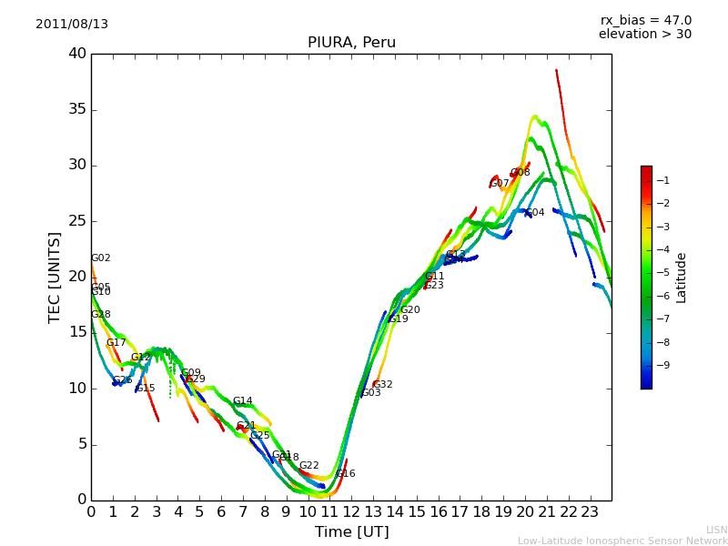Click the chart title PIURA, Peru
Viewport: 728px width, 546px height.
[351, 43]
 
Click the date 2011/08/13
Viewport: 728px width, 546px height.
[72, 25]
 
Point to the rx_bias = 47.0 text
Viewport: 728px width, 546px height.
[645, 21]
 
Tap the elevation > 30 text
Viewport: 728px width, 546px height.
[644, 35]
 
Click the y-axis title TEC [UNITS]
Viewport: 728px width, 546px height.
[56, 277]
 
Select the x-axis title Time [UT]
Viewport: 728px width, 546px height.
[351, 532]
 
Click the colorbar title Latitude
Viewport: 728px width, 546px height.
[681, 278]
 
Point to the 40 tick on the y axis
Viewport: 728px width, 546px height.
[76, 54]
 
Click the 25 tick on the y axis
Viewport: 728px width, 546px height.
[76, 221]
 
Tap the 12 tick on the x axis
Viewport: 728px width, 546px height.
[351, 511]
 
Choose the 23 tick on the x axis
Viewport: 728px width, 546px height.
[590, 511]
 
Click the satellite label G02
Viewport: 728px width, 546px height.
[100, 258]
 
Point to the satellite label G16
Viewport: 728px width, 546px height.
[346, 474]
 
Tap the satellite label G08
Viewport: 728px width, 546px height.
[520, 173]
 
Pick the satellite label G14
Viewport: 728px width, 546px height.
[242, 401]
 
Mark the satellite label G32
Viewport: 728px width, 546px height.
[383, 385]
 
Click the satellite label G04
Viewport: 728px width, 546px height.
[535, 213]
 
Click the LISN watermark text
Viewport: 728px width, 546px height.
[716, 530]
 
